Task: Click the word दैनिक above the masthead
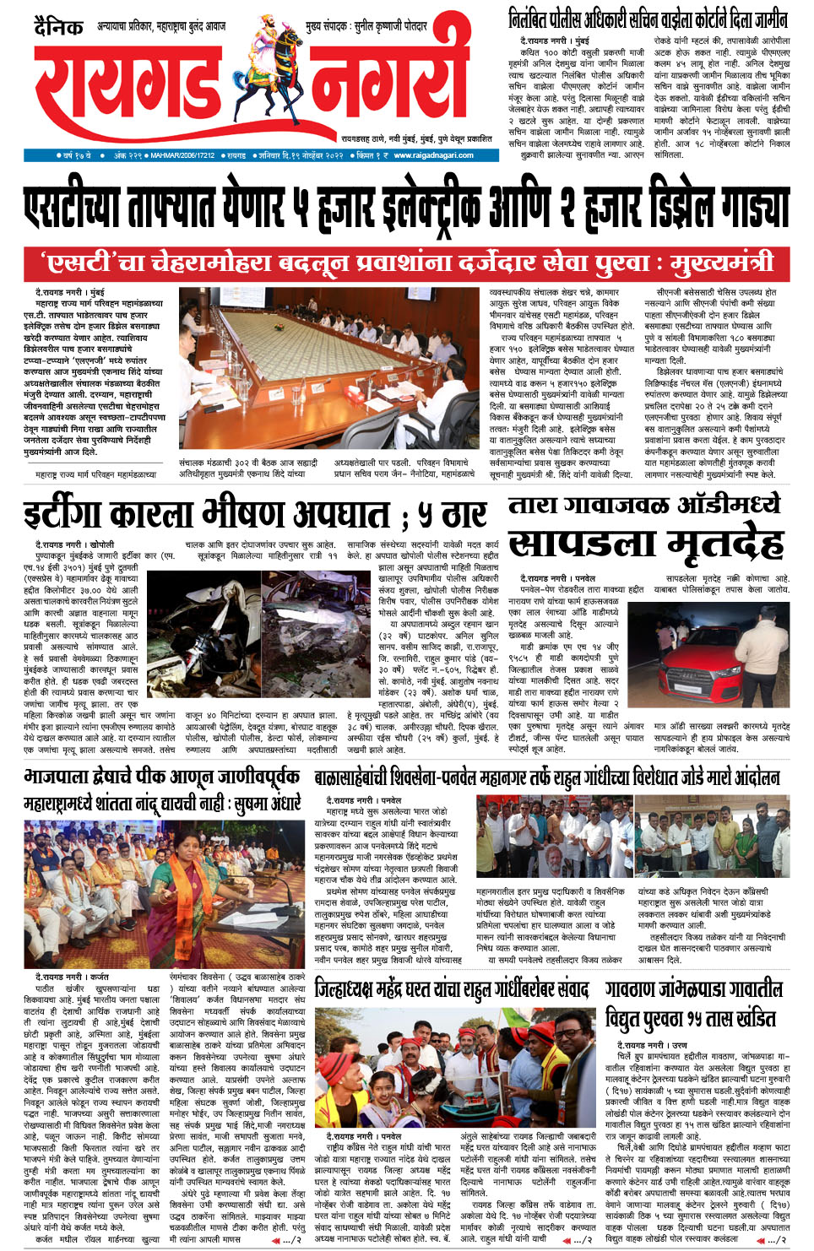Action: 59,26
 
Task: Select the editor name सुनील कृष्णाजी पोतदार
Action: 390,26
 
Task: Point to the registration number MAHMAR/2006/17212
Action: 182,155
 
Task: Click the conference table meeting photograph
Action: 329,368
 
